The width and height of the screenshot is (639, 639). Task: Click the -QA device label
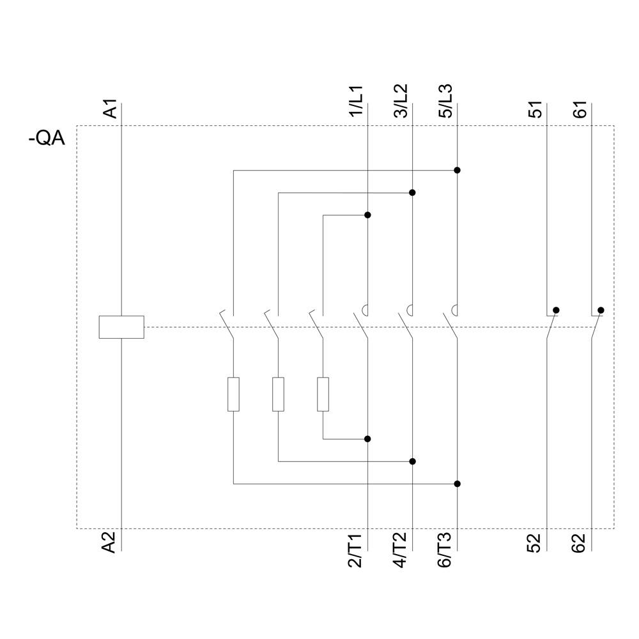point(47,138)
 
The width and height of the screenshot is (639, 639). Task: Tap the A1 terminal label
point(111,109)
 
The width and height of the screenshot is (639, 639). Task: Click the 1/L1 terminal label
point(355,101)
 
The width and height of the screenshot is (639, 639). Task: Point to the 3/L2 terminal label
point(401,101)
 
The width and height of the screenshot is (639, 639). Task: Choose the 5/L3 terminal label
point(445,101)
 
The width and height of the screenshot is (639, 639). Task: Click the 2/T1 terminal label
point(355,550)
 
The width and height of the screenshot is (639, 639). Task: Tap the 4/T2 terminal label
point(401,550)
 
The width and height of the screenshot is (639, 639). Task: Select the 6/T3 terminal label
point(445,550)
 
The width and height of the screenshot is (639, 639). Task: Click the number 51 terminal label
point(535,109)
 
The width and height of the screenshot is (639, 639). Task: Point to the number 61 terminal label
point(580,109)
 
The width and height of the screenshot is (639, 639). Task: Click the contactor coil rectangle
point(121,327)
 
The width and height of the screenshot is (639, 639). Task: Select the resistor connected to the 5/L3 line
point(234,394)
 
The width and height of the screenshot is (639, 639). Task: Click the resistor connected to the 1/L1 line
point(323,394)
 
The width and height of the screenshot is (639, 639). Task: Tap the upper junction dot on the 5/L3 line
point(458,171)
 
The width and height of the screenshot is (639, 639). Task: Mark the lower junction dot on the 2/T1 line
point(367,439)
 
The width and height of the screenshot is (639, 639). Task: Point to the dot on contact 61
point(601,310)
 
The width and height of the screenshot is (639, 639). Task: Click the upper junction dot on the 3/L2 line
point(413,192)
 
